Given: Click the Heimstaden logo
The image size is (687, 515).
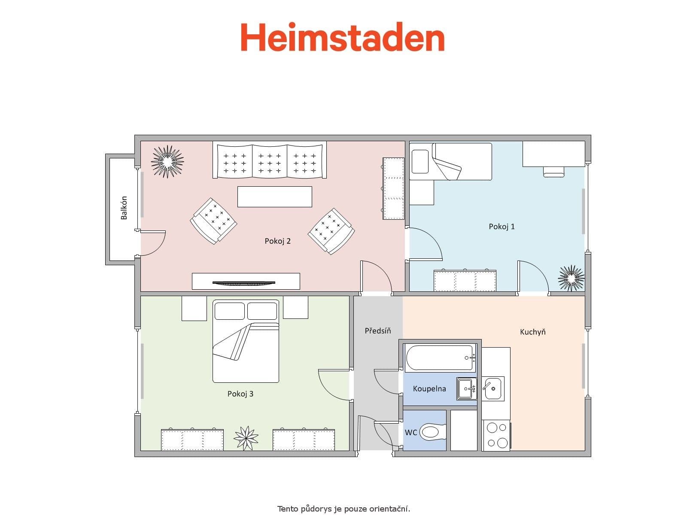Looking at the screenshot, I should click(x=342, y=38).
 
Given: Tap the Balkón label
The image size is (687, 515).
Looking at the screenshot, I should click(x=124, y=208).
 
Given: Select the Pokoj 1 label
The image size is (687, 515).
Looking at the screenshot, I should click(x=502, y=227).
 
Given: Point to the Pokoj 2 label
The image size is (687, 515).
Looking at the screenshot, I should click(x=277, y=241).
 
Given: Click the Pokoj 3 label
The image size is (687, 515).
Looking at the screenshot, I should click(x=240, y=394).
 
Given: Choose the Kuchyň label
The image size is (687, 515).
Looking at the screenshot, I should click(x=532, y=332).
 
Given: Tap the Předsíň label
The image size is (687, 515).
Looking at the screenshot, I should click(x=378, y=331).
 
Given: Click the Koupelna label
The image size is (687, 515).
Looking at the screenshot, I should click(x=429, y=389).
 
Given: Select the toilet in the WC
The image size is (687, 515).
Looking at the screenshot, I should click(x=433, y=432).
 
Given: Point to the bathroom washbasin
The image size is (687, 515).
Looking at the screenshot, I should click(x=466, y=389).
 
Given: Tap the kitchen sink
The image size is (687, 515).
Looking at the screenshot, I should click(x=492, y=388).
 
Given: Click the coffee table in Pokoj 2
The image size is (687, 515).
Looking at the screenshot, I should click(x=275, y=197).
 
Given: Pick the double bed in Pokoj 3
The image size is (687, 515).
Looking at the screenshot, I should click(x=246, y=341).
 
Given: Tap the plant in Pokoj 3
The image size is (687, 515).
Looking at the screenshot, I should click(x=246, y=438).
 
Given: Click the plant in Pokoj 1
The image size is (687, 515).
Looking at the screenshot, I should click(x=571, y=278).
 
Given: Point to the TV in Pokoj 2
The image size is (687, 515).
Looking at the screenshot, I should click(x=243, y=282).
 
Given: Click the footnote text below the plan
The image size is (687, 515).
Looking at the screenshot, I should click(x=343, y=509).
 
